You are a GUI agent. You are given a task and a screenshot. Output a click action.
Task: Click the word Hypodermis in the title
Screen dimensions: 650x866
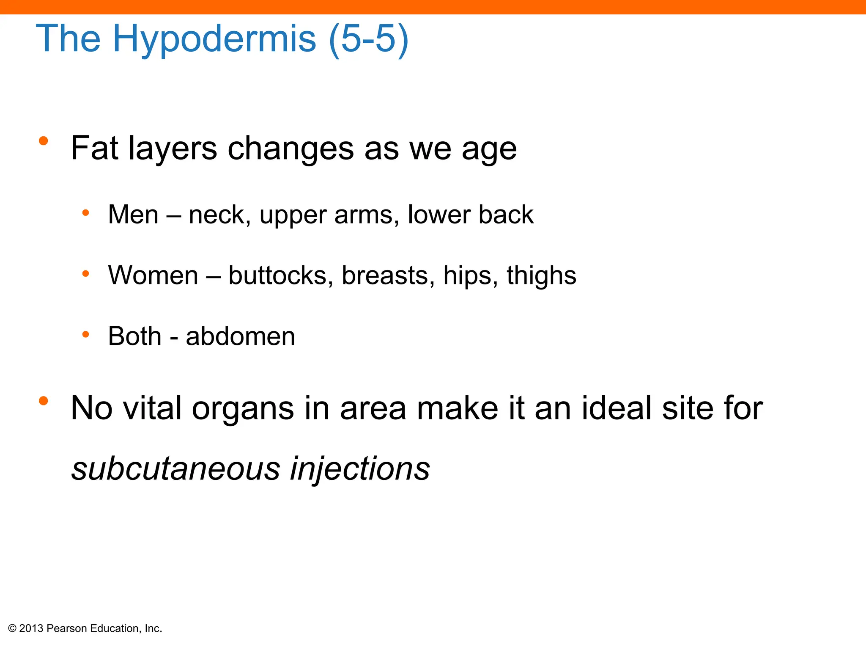(214, 39)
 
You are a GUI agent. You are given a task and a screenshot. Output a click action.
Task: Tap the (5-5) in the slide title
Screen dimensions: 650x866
(368, 39)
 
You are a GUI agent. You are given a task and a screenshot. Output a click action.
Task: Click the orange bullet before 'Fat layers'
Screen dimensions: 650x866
(43, 141)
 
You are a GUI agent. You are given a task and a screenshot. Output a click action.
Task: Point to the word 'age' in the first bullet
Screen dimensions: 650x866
(489, 150)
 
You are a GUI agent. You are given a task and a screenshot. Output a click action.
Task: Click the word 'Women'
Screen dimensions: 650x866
(153, 275)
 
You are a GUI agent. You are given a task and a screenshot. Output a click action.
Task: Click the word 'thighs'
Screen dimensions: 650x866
(541, 276)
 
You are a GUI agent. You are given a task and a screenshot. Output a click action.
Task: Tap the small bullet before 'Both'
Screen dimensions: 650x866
(85, 335)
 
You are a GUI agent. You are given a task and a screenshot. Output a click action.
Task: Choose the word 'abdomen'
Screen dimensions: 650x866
(240, 336)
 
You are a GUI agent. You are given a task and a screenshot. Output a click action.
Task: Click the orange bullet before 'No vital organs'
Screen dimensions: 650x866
(43, 400)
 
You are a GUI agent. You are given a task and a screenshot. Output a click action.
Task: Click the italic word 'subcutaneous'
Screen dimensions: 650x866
(175, 469)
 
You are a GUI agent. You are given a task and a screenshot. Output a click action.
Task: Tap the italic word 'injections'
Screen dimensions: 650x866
(360, 469)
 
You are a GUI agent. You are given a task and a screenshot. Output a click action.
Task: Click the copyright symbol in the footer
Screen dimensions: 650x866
(12, 628)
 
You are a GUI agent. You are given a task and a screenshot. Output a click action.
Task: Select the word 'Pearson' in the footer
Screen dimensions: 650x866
(67, 628)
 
